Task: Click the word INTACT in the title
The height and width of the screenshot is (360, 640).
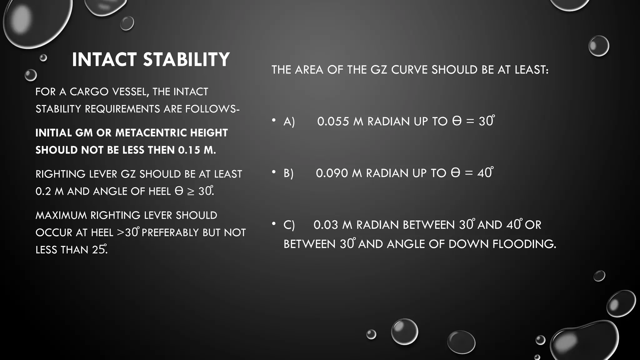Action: tap(104, 59)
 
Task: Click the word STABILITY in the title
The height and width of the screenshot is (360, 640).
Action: tap(187, 59)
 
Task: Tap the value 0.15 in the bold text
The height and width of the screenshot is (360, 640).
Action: tap(189, 150)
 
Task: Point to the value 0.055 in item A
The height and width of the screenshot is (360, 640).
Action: tap(333, 122)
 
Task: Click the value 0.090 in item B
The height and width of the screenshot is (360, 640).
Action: tap(332, 173)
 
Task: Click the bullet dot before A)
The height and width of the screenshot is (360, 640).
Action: tap(274, 120)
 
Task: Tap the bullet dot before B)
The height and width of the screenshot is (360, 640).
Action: tap(274, 172)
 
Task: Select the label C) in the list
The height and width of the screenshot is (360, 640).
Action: tap(289, 225)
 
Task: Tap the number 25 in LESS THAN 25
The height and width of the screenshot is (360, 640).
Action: tap(98, 250)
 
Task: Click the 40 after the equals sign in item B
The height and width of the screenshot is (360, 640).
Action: tap(484, 173)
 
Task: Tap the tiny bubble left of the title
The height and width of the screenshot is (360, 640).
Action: tap(43, 58)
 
